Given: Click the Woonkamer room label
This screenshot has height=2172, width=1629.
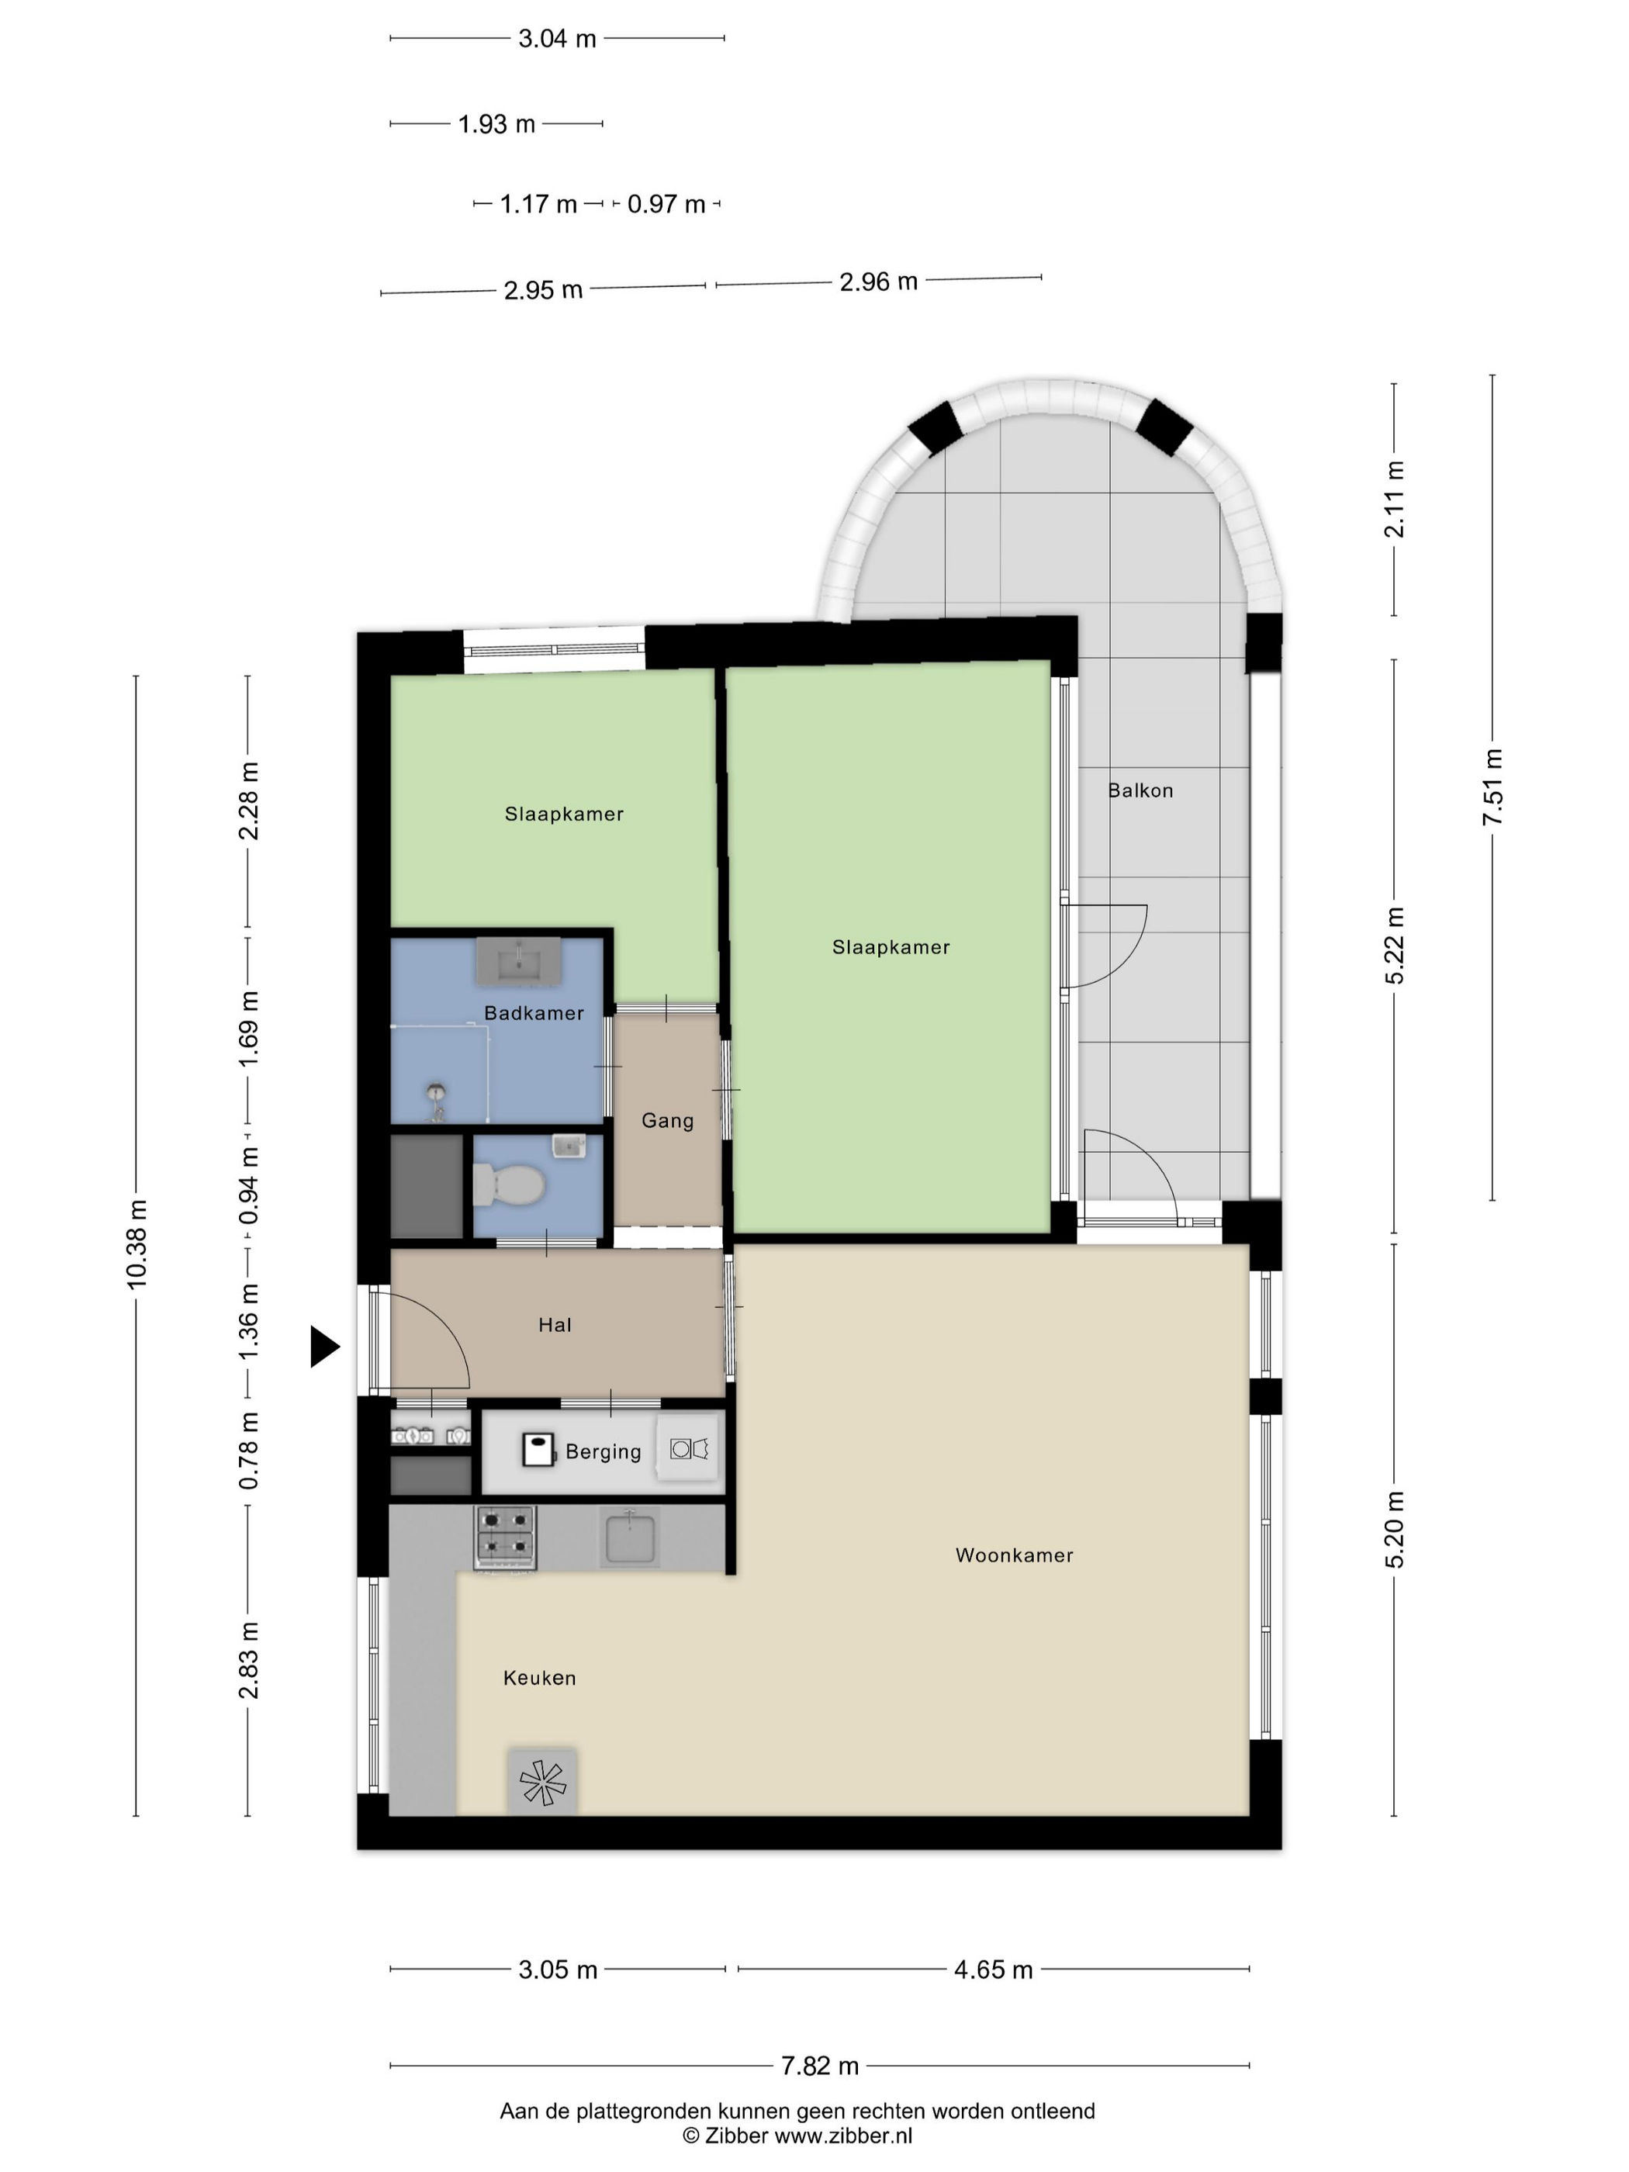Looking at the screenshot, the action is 1015,1555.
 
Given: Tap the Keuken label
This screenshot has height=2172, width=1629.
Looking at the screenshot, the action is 539,1678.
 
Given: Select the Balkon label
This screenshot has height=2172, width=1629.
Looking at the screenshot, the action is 1140,790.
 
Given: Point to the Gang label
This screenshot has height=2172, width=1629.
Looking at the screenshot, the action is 668,1120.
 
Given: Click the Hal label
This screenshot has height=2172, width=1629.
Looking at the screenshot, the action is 555,1326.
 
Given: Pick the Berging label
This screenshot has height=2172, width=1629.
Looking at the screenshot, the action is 603,1452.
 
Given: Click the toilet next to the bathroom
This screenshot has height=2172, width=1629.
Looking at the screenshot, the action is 509,1185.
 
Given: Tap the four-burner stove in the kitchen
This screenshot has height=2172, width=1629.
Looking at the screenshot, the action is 506,1537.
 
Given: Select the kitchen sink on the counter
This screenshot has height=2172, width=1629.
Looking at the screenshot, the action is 629,1537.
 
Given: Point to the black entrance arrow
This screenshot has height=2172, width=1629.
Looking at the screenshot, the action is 325,1346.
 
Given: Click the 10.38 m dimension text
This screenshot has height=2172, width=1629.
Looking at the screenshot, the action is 137,1244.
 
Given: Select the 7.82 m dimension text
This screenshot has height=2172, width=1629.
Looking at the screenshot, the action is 820,2066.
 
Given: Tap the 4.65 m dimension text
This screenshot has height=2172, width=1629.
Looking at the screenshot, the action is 994,1970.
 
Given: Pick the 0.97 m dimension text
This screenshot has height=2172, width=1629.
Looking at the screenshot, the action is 666,204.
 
